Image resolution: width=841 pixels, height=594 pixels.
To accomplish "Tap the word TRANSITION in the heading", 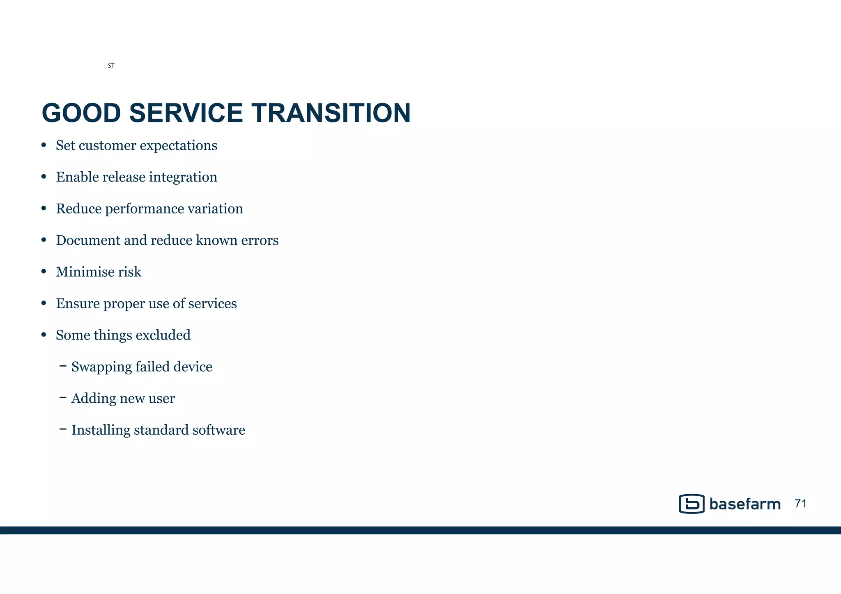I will (331, 113).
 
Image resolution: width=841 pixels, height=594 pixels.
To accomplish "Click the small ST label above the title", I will (111, 66).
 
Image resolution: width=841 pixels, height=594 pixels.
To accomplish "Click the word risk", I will (131, 272).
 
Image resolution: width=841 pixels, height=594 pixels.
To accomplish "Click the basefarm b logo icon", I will (692, 504).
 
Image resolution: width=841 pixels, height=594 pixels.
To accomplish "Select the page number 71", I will (800, 504).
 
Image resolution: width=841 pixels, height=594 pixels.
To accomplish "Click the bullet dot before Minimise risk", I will (44, 272).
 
